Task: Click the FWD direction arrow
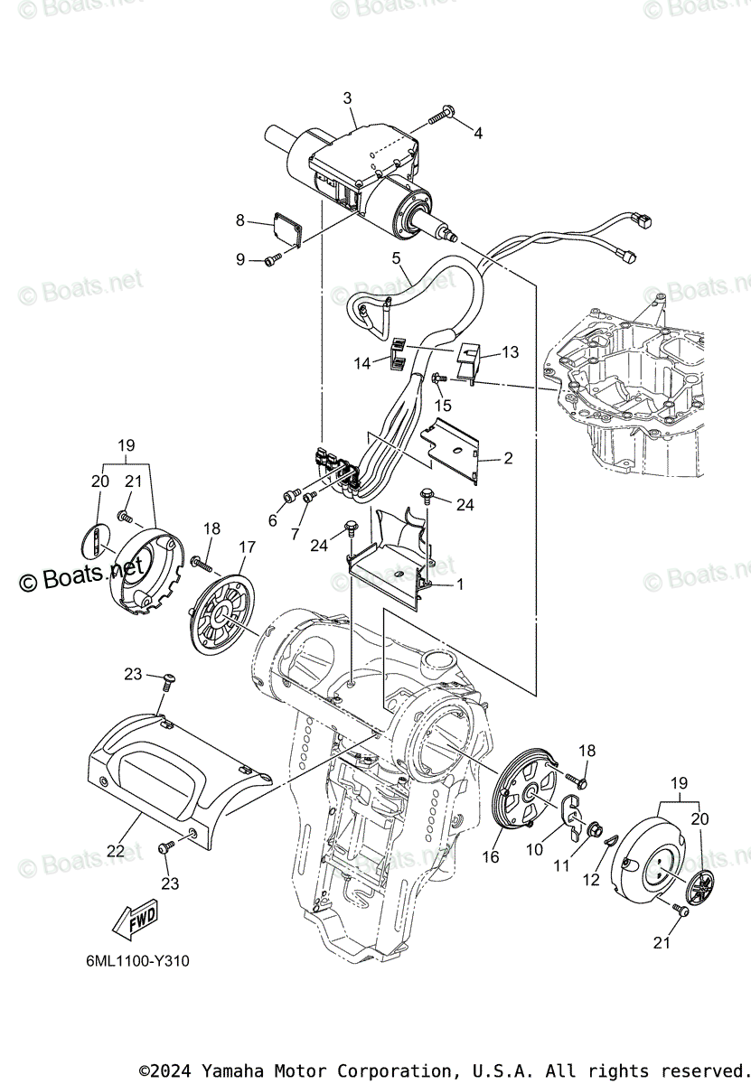point(132,920)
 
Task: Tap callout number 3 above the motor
point(347,98)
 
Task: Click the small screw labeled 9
point(272,260)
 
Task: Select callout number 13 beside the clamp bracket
point(511,351)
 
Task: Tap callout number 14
point(362,363)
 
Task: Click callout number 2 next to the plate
point(508,459)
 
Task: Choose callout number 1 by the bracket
point(459,584)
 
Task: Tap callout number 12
point(591,880)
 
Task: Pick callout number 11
point(561,865)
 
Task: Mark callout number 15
point(443,406)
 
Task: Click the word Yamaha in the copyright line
point(230,1070)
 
